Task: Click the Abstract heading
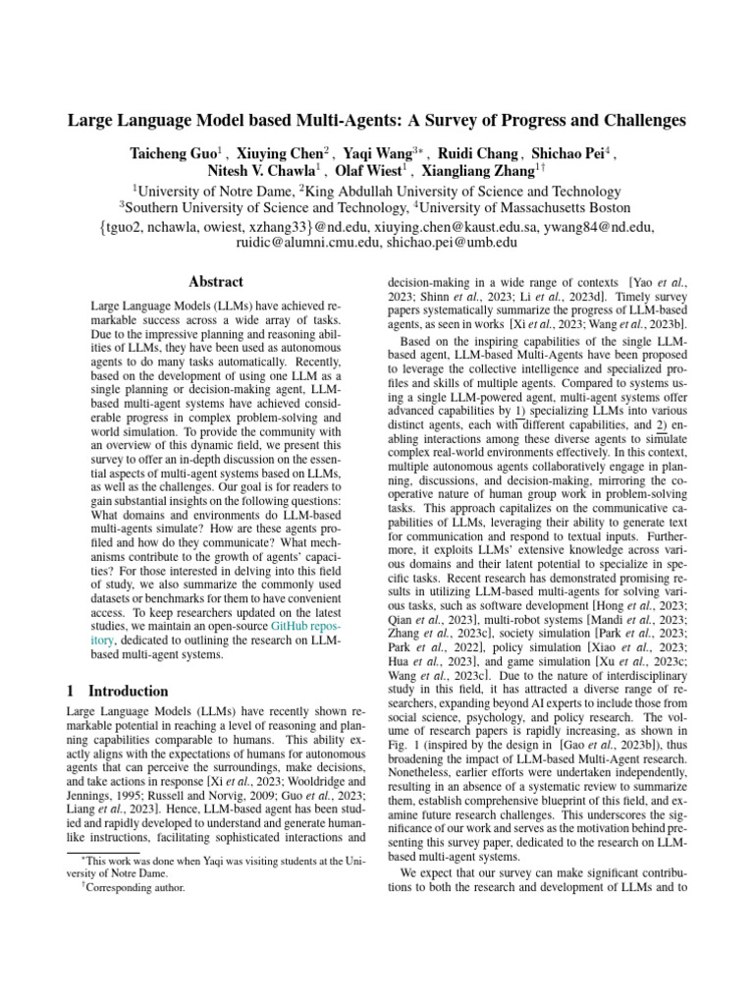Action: (215, 282)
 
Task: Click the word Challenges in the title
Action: (625, 122)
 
